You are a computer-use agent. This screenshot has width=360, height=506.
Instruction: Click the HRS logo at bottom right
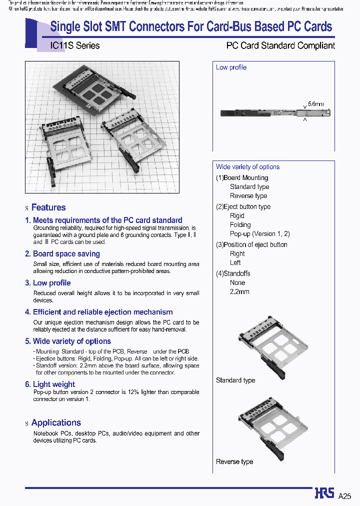click(324, 493)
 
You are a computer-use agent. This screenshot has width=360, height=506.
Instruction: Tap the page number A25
click(345, 496)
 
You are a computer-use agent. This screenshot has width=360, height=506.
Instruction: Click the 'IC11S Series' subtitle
click(75, 45)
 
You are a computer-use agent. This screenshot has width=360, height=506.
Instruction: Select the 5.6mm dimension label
click(315, 103)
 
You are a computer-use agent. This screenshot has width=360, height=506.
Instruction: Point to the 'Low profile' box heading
click(231, 67)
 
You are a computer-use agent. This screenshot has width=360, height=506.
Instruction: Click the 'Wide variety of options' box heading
click(247, 167)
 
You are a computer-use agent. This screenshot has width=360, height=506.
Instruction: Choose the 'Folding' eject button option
click(240, 225)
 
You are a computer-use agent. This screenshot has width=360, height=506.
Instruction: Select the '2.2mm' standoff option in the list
click(239, 291)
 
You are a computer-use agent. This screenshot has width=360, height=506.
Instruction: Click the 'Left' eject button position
click(235, 262)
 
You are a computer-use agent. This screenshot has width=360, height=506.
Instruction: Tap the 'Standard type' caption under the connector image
click(235, 380)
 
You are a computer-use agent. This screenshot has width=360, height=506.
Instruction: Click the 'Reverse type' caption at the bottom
click(234, 461)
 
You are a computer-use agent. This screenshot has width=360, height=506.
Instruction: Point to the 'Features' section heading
click(48, 207)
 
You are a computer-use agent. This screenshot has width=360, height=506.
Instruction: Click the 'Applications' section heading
click(56, 423)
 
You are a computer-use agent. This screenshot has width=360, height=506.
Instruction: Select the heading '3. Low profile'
click(48, 283)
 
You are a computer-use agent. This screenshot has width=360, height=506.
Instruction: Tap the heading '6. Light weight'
click(50, 384)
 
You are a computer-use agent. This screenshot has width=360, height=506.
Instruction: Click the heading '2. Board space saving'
click(62, 254)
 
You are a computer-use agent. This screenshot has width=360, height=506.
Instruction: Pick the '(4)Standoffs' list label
click(233, 273)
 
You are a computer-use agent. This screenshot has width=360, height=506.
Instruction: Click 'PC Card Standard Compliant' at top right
click(280, 45)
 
